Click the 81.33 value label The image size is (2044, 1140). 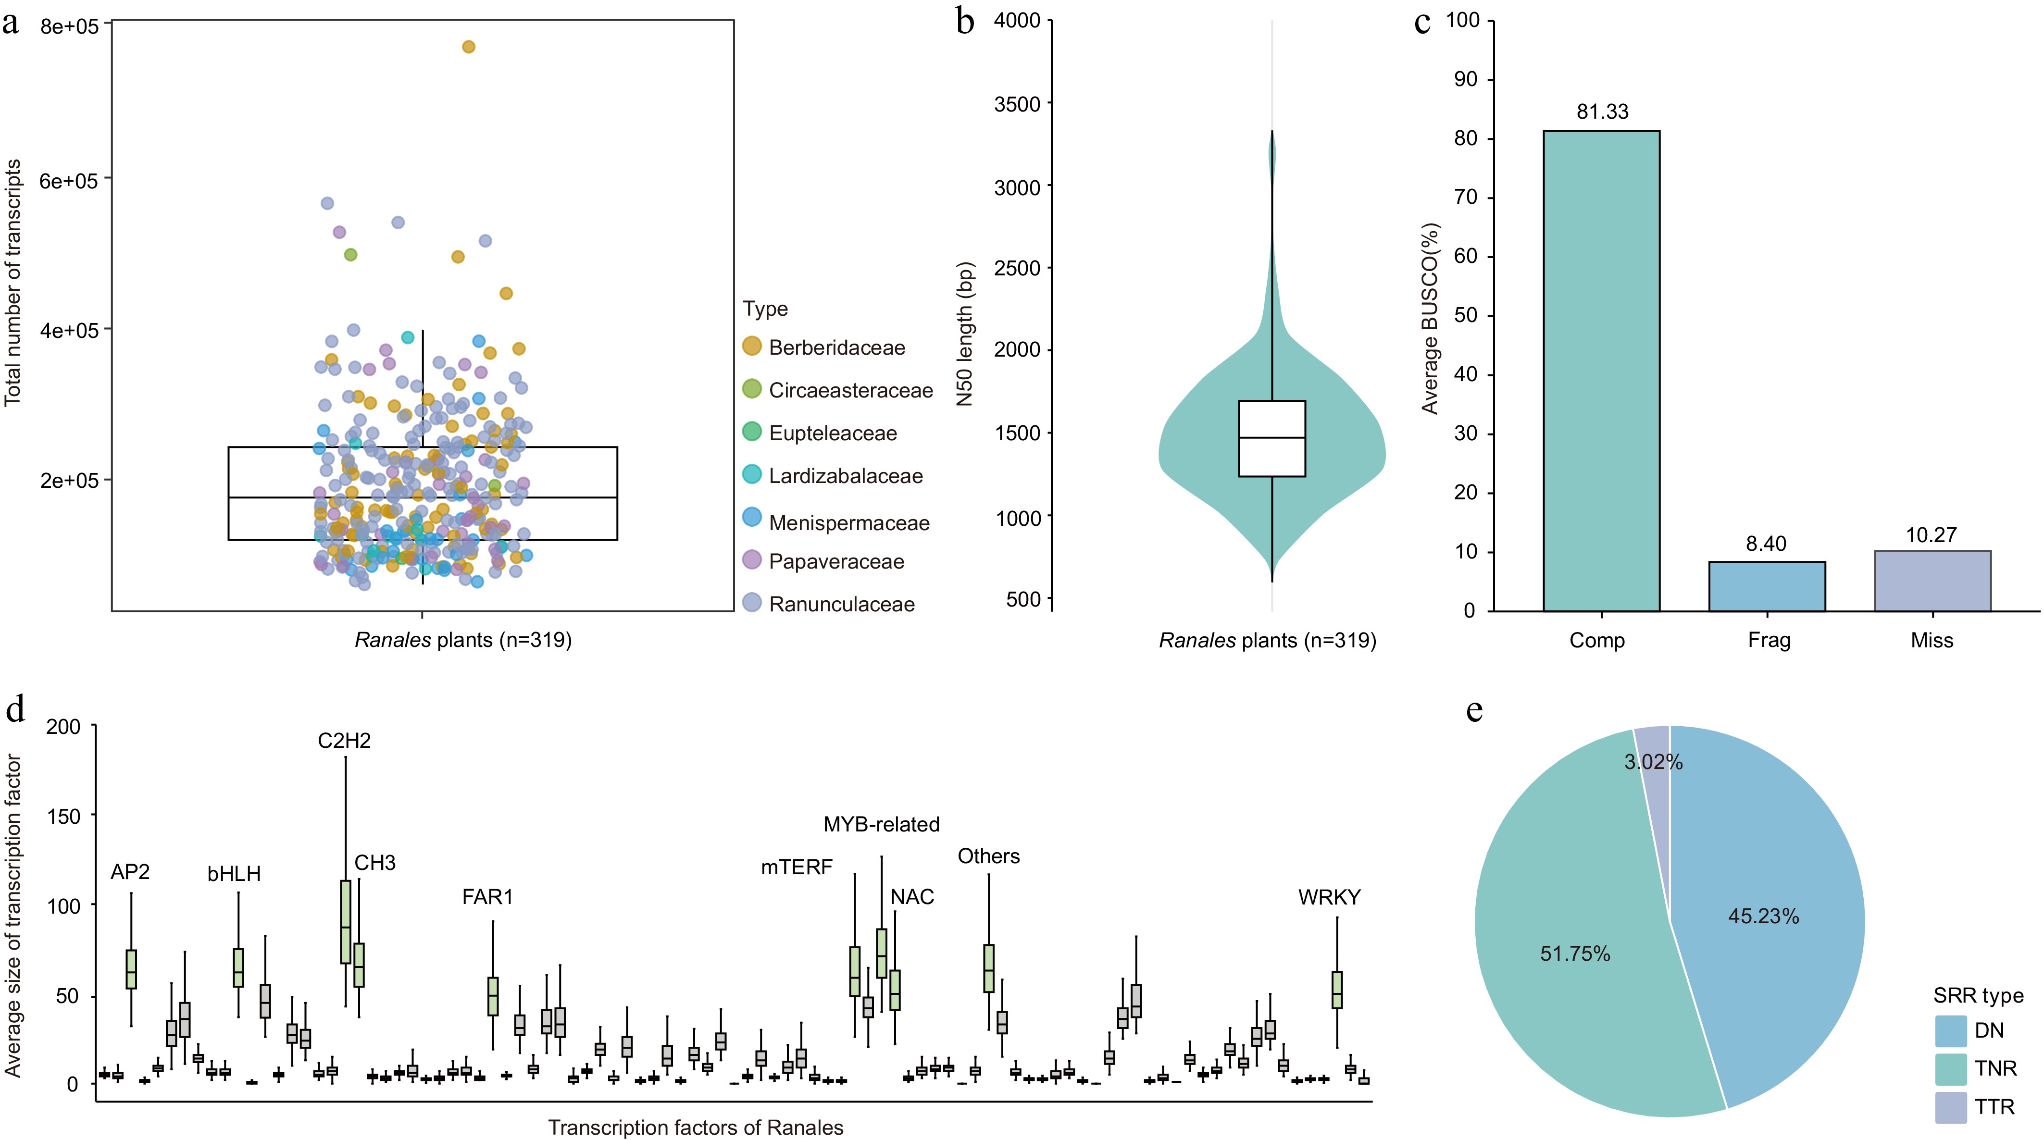1602,112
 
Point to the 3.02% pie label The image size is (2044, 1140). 1653,762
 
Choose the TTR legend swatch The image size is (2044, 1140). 1950,1107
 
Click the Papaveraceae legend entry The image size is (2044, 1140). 835,562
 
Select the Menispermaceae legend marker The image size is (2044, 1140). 751,518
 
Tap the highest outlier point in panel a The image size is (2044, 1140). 468,47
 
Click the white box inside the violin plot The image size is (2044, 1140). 1272,439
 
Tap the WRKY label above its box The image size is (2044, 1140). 1329,897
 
